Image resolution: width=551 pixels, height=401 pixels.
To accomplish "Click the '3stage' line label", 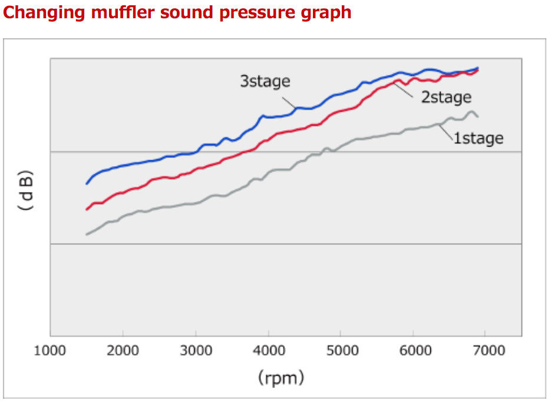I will click(265, 81).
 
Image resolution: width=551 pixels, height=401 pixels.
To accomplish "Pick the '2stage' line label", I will click(446, 97).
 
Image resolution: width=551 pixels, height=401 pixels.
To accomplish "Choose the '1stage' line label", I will click(478, 138).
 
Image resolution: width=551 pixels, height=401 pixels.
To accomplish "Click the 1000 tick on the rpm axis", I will click(50, 351).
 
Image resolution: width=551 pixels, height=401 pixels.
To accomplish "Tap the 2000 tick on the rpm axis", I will click(123, 351).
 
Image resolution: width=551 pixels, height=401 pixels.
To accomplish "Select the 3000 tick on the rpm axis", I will click(196, 351).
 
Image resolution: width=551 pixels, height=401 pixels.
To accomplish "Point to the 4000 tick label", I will click(268, 351).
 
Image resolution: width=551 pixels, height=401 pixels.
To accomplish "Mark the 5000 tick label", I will click(341, 351).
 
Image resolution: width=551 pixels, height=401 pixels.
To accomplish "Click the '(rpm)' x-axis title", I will click(281, 377).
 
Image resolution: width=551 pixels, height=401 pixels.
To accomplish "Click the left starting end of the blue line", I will click(87, 184).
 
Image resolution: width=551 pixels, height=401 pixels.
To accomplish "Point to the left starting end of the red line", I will click(87, 209).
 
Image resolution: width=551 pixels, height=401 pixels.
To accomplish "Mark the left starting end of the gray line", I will click(87, 234).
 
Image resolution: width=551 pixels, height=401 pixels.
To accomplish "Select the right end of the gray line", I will click(477, 116).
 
